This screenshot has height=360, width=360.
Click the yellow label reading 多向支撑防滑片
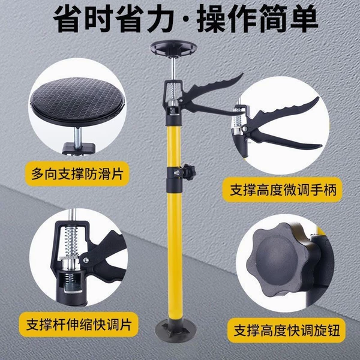[x=77, y=174]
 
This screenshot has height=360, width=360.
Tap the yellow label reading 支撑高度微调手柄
[x=282, y=190]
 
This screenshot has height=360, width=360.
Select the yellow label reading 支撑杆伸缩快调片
[x=79, y=324]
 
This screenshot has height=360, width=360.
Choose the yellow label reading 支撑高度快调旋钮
[x=286, y=330]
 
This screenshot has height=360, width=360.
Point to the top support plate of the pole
[x=173, y=49]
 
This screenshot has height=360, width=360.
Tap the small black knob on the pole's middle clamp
[x=189, y=172]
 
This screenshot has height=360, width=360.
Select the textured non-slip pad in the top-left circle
[x=77, y=101]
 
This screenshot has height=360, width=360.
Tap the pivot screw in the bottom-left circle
[x=86, y=260]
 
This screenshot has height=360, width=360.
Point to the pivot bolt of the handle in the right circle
[x=245, y=129]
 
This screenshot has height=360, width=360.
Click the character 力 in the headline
[x=160, y=19]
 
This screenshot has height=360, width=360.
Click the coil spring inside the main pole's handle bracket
[x=173, y=91]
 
